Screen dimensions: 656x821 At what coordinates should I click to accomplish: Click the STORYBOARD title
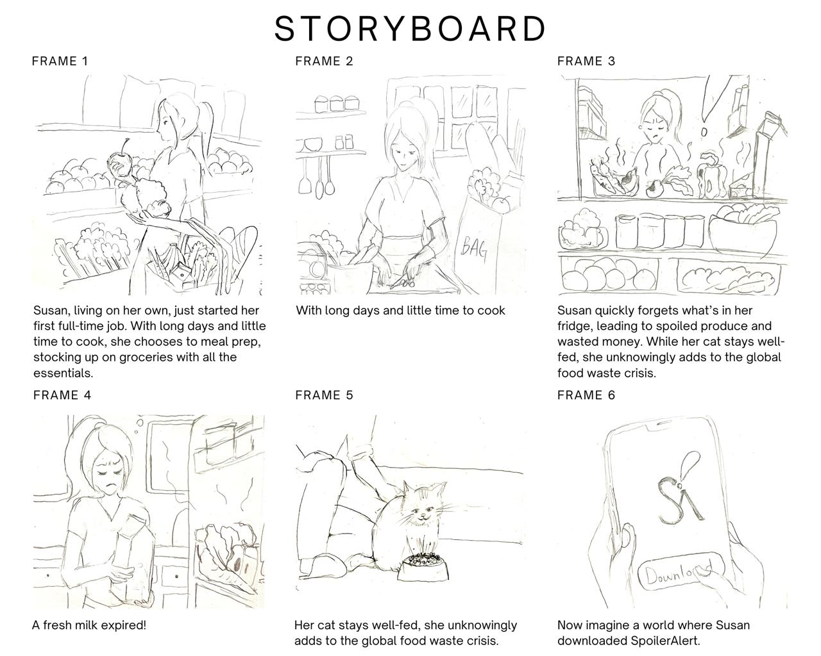pos(410,29)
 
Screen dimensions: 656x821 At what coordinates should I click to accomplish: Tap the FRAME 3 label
pos(586,61)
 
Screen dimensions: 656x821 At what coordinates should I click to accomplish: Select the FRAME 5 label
pos(324,395)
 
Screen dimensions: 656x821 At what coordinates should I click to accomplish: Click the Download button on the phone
pos(680,572)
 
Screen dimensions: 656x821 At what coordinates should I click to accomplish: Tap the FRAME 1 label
pos(60,61)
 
